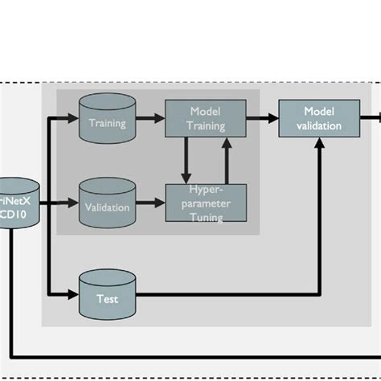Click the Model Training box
point(205,118)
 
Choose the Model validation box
point(320,118)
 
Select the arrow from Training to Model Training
point(149,118)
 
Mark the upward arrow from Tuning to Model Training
point(227,160)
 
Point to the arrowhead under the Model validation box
point(321,143)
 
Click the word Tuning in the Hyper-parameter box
point(205,216)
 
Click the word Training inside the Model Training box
point(205,125)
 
